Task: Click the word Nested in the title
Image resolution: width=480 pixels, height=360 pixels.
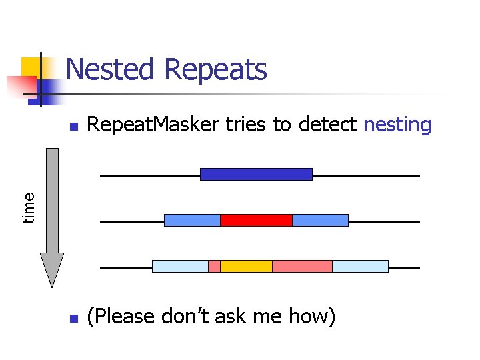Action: pyautogui.click(x=111, y=69)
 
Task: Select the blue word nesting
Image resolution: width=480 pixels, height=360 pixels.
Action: pyautogui.click(x=397, y=125)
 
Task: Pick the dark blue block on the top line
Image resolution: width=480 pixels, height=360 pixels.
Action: pyautogui.click(x=256, y=174)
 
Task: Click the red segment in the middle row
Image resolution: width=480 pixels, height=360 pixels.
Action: pyautogui.click(x=256, y=220)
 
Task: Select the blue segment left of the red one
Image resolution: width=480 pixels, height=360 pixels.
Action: pyautogui.click(x=192, y=220)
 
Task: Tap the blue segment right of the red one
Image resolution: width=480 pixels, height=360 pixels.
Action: pyautogui.click(x=320, y=220)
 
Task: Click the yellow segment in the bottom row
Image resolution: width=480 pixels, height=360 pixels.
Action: pyautogui.click(x=246, y=266)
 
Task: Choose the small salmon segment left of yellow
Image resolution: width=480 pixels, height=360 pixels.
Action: pyautogui.click(x=214, y=266)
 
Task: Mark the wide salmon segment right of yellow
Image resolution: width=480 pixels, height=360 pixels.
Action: pyautogui.click(x=302, y=266)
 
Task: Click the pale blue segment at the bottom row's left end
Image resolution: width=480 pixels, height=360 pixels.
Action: pyautogui.click(x=180, y=266)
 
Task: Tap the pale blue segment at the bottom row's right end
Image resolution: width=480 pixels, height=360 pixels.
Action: pyautogui.click(x=360, y=266)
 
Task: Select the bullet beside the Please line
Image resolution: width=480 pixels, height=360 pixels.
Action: pyautogui.click(x=74, y=319)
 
